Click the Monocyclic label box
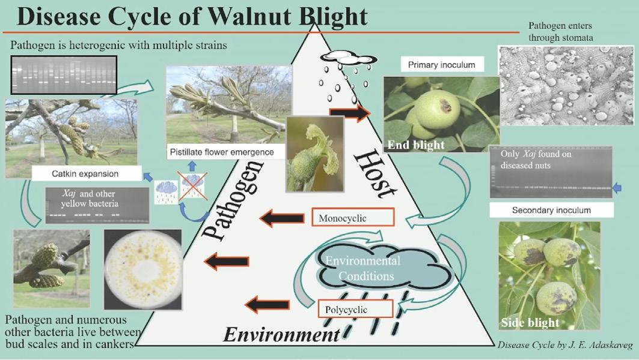353,217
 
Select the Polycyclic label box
355,310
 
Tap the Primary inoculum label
441,65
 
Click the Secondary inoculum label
551,210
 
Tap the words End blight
416,145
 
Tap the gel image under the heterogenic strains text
63,73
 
